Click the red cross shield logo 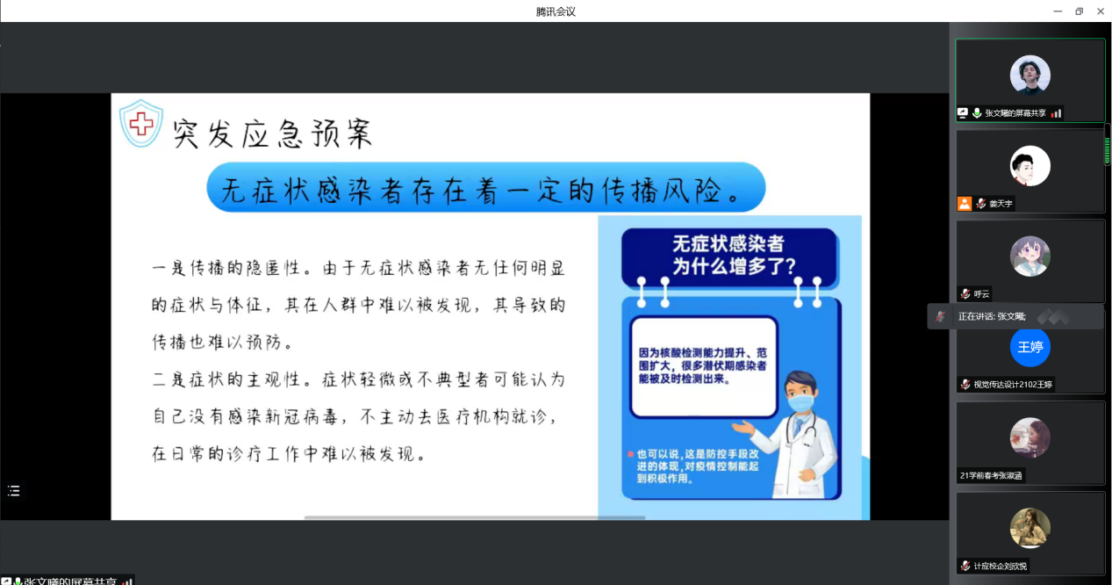pyautogui.click(x=141, y=123)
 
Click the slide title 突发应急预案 pyautogui.click(x=273, y=134)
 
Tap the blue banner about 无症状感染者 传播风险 pyautogui.click(x=486, y=187)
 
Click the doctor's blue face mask pyautogui.click(x=800, y=402)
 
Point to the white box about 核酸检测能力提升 pyautogui.click(x=703, y=367)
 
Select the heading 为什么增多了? pyautogui.click(x=734, y=266)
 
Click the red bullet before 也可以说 pyautogui.click(x=630, y=454)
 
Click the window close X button pyautogui.click(x=1100, y=11)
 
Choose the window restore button pyautogui.click(x=1079, y=11)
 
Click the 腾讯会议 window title pyautogui.click(x=556, y=11)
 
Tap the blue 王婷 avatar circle pyautogui.click(x=1030, y=346)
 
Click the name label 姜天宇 pyautogui.click(x=1001, y=204)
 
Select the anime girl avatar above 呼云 pyautogui.click(x=1030, y=256)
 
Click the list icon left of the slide pyautogui.click(x=14, y=491)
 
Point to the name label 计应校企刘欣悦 pyautogui.click(x=1000, y=566)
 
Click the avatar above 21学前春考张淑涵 pyautogui.click(x=1030, y=437)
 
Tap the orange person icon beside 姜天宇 pyautogui.click(x=964, y=203)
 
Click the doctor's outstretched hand pyautogui.click(x=743, y=427)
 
